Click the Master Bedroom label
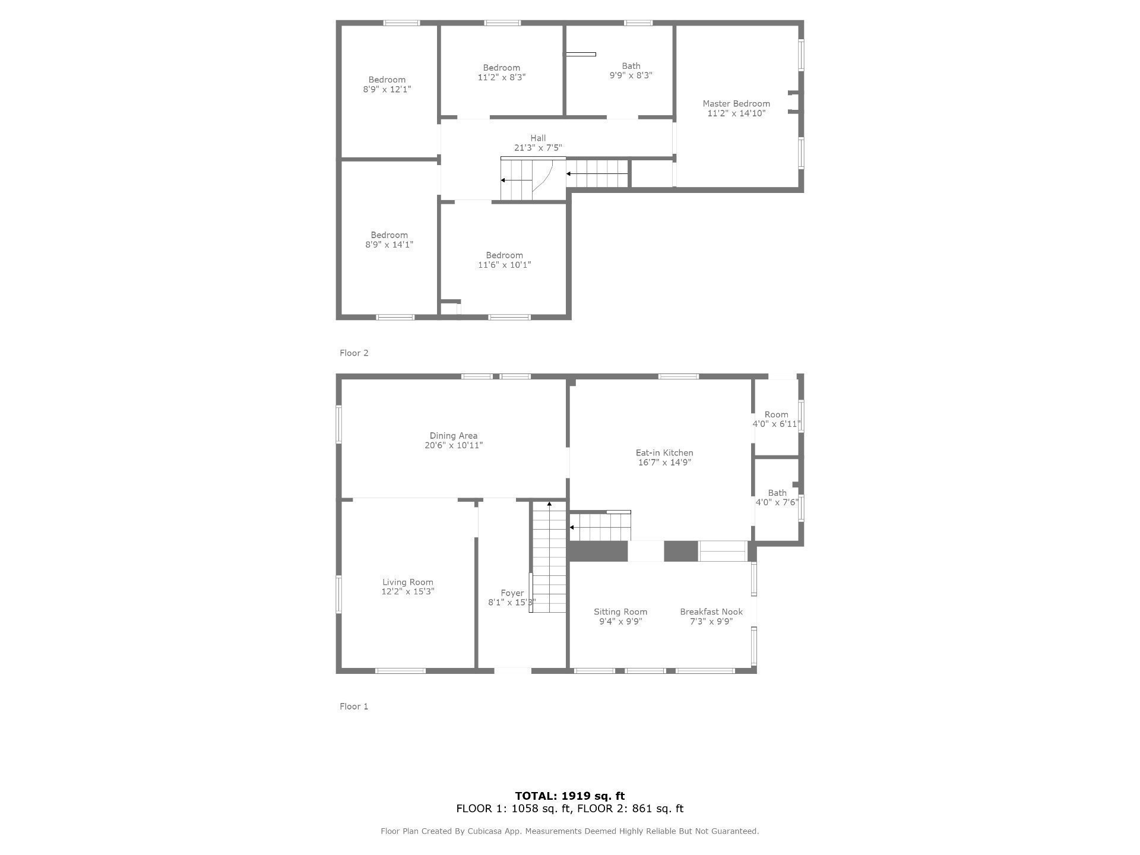(736, 104)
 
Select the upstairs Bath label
(631, 66)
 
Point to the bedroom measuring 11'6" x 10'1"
(504, 260)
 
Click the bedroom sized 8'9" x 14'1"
(389, 240)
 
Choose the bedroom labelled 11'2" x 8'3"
(502, 72)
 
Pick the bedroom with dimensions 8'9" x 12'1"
(387, 84)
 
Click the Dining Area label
(454, 436)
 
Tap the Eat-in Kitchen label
(664, 453)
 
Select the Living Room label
(408, 582)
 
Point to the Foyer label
(512, 593)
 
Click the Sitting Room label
(620, 612)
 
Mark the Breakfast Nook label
(711, 612)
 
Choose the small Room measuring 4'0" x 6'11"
(777, 419)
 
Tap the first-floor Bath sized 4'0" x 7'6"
(777, 498)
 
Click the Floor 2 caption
(354, 353)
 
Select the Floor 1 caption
(354, 707)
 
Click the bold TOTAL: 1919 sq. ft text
(569, 796)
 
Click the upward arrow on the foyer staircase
(549, 504)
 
